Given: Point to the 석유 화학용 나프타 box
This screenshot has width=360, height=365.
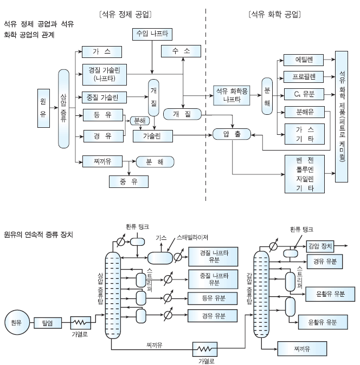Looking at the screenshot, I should point(232,94).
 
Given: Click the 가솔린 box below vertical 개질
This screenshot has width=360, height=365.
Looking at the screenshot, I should point(153,135).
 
